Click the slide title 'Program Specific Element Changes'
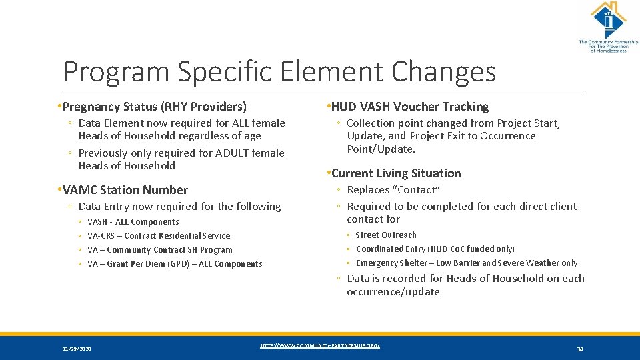(x=279, y=71)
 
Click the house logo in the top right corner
(x=607, y=20)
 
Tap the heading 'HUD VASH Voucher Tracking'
(x=409, y=107)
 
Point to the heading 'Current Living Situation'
(x=395, y=173)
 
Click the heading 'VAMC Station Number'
(x=125, y=190)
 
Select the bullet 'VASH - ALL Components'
(x=133, y=222)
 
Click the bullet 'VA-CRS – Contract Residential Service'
(x=159, y=236)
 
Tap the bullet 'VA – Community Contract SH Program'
(x=160, y=250)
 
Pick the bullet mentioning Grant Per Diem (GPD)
(x=175, y=264)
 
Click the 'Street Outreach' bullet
(x=386, y=235)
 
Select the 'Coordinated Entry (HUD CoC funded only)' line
(x=435, y=249)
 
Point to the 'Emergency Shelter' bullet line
(x=467, y=263)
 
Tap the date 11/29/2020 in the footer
(x=77, y=349)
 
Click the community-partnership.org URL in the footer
(x=320, y=345)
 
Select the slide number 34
(x=579, y=349)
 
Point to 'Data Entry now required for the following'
(x=179, y=207)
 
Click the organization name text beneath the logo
(x=608, y=46)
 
